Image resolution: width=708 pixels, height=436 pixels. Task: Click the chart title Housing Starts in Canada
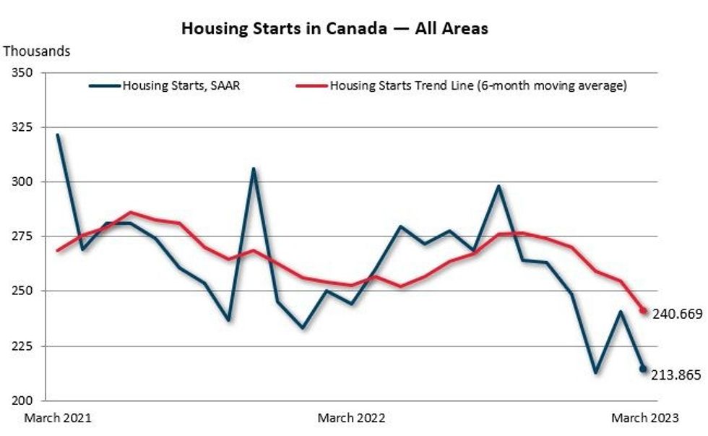[334, 28]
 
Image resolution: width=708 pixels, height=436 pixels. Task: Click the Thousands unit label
[37, 51]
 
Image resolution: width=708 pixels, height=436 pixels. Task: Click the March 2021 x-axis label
[58, 418]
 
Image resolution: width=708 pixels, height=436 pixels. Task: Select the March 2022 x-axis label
[351, 418]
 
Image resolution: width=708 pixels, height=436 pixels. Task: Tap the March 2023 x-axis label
[645, 418]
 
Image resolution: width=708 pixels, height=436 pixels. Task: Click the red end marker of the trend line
[643, 311]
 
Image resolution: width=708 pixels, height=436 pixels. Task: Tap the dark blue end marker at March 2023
[643, 369]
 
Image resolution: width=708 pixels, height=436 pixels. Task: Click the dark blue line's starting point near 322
[58, 134]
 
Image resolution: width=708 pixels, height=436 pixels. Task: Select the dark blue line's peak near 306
[253, 168]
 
